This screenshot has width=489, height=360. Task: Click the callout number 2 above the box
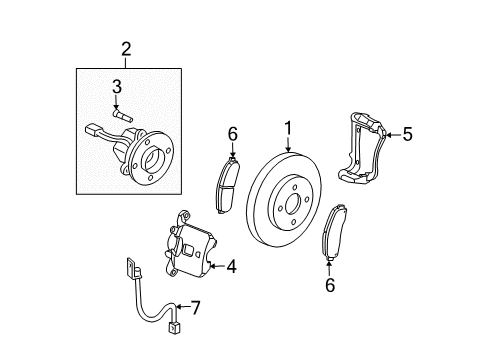click(x=126, y=49)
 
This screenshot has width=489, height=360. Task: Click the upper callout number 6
click(x=231, y=133)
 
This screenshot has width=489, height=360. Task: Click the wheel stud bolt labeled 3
click(x=124, y=116)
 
